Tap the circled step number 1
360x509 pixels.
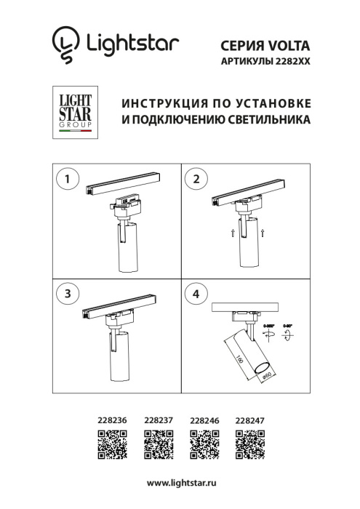tap(68, 179)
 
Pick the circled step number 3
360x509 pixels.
tap(68, 294)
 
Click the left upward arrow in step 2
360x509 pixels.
tap(231, 233)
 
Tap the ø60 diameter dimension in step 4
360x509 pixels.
tap(266, 374)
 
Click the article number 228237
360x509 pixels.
tap(158, 420)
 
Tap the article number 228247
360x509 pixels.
tap(250, 420)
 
